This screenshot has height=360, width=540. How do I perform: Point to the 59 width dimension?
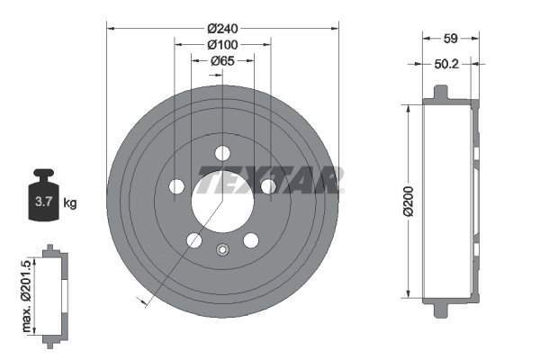[x=452, y=38]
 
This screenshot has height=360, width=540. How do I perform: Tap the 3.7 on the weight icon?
[x=42, y=202]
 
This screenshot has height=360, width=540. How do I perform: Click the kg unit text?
[x=69, y=203]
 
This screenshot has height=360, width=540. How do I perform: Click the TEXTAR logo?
[x=269, y=180]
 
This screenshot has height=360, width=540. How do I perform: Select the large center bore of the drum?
[x=222, y=197]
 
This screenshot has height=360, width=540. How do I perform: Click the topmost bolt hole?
[x=222, y=150]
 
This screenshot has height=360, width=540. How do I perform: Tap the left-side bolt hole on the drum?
[x=177, y=186]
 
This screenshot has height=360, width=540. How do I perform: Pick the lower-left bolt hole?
[x=193, y=239]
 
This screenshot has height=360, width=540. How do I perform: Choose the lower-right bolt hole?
[x=251, y=239]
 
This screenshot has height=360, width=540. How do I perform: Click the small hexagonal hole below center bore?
[x=222, y=252]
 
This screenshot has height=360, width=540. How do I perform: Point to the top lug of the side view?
[x=440, y=93]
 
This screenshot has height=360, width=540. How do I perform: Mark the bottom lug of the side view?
[x=440, y=309]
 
